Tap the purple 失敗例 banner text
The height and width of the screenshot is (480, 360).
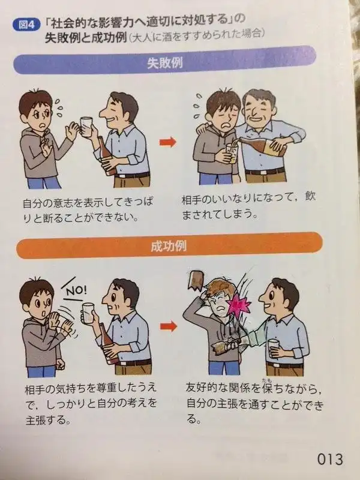pos(165,63)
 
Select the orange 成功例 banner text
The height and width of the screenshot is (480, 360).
pos(169,246)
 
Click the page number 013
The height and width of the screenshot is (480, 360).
pos(330,459)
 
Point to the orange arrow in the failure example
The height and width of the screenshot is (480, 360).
pos(168,142)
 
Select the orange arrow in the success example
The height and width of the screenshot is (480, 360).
pos(169,326)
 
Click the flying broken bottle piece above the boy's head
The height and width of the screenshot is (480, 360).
pos(196,280)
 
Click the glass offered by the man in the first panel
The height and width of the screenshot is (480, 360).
pos(86,126)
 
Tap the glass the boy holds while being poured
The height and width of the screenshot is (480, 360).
pos(232,154)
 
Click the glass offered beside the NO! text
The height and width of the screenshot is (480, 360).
pos(88,313)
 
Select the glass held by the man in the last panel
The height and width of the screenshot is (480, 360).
pos(274,348)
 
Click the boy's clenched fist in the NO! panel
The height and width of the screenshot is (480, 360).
pos(60,364)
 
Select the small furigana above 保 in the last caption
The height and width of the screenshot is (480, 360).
pos(265,380)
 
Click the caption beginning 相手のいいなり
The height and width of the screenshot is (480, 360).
pos(248,206)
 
